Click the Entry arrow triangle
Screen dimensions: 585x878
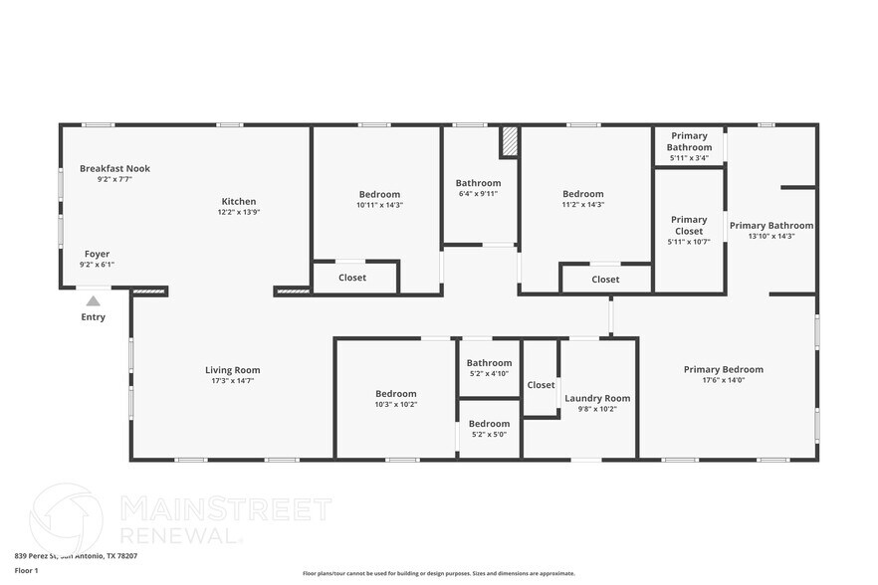point(93,299)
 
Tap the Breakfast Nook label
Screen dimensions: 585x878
point(114,169)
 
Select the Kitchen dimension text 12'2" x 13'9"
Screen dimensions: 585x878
point(239,213)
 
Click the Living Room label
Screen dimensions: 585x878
point(232,370)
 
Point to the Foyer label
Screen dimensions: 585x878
point(97,254)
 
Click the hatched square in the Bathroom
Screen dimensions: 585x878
point(509,141)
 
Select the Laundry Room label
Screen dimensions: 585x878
point(597,398)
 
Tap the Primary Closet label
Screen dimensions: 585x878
point(689,225)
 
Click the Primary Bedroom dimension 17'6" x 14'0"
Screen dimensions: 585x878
point(723,380)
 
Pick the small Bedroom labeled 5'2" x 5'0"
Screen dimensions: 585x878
point(489,429)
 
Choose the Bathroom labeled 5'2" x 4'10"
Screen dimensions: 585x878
point(489,368)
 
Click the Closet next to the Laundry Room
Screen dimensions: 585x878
point(541,385)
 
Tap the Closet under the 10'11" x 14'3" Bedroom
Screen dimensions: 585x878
point(352,278)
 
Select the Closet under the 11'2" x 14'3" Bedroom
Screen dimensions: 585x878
point(605,280)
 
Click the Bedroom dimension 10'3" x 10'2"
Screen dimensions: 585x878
point(395,405)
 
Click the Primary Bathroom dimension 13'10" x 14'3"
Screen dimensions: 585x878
point(770,237)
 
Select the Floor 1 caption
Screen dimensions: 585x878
point(26,571)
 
